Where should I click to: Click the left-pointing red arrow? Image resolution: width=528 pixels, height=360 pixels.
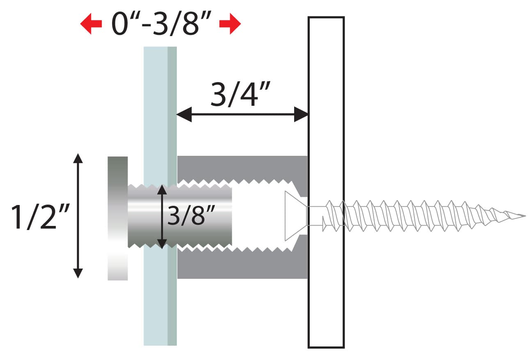(x=91, y=24)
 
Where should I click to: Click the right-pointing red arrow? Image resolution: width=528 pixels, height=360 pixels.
(x=230, y=24)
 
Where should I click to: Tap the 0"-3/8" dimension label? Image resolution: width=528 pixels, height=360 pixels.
(x=161, y=23)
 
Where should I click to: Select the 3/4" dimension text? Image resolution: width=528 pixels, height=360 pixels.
(x=240, y=94)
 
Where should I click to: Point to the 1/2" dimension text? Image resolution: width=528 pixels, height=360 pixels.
(x=40, y=216)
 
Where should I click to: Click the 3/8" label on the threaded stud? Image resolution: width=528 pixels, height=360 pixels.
(x=191, y=215)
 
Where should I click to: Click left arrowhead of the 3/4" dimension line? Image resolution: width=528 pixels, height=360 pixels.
(x=184, y=114)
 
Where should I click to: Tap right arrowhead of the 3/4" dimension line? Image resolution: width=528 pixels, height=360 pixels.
(x=301, y=114)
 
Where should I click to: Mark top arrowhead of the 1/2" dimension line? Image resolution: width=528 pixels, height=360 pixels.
(x=78, y=158)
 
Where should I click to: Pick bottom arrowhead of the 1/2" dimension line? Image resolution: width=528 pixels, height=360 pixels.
(x=78, y=273)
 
